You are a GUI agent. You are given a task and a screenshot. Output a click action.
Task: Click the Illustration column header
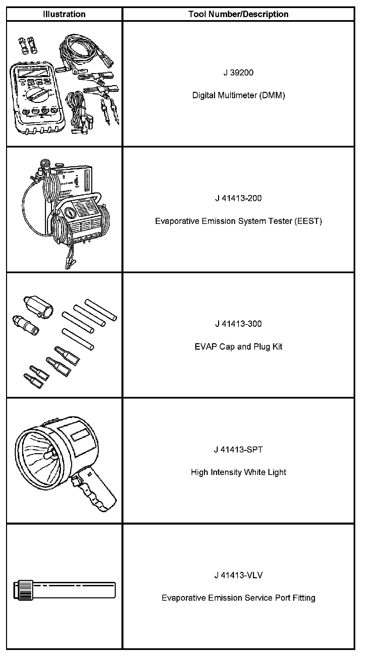pyautogui.click(x=64, y=14)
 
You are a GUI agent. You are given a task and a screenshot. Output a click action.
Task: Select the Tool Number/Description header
pyautogui.click(x=238, y=14)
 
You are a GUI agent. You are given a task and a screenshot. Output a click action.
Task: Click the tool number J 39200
pyautogui.click(x=238, y=73)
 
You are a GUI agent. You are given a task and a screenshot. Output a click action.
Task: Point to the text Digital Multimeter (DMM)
pyautogui.click(x=238, y=95)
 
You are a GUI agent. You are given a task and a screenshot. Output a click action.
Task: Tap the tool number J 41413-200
pyautogui.click(x=238, y=198)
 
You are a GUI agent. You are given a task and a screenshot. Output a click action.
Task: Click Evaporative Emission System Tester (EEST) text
pyautogui.click(x=238, y=221)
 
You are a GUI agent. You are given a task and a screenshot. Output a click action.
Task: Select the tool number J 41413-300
pyautogui.click(x=238, y=324)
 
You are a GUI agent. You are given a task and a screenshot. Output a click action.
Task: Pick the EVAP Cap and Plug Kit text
pyautogui.click(x=238, y=346)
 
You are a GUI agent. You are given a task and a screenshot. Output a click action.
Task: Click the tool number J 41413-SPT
pyautogui.click(x=238, y=450)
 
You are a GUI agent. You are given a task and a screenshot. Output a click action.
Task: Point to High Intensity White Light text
pyautogui.click(x=238, y=472)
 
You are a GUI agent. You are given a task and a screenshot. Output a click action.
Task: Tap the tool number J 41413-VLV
pyautogui.click(x=238, y=575)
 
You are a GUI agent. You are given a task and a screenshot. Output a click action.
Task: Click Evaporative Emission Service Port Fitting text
pyautogui.click(x=238, y=598)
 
